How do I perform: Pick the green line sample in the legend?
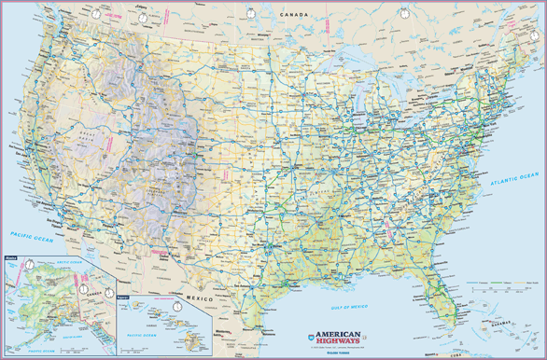coord(506,280)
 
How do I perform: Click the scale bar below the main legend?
coord(504,291)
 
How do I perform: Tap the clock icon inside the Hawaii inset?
coord(177,303)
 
